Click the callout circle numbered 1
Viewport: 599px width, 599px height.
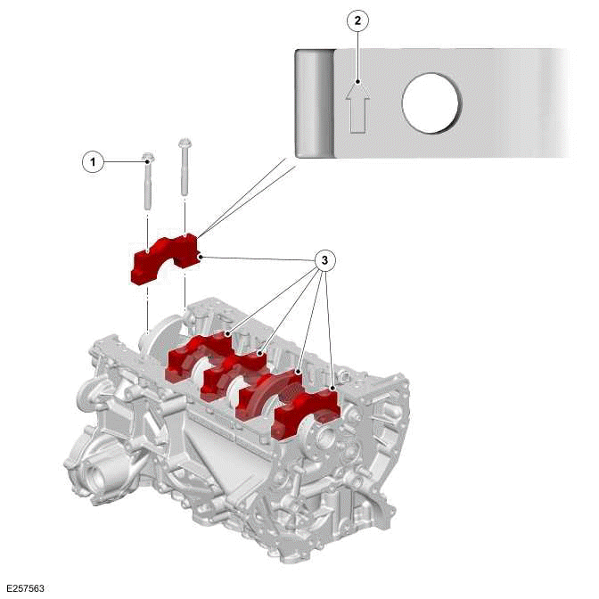point(91,162)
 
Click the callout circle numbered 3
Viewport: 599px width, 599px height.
point(326,260)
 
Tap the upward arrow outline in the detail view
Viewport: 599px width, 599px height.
point(357,105)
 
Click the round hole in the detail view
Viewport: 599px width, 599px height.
point(431,103)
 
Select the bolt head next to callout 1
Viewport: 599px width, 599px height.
point(148,159)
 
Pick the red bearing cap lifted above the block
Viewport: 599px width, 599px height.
point(165,259)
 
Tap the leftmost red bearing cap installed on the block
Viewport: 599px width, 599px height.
point(198,357)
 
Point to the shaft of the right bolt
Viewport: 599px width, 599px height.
point(185,174)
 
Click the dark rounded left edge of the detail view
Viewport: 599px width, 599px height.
point(314,103)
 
